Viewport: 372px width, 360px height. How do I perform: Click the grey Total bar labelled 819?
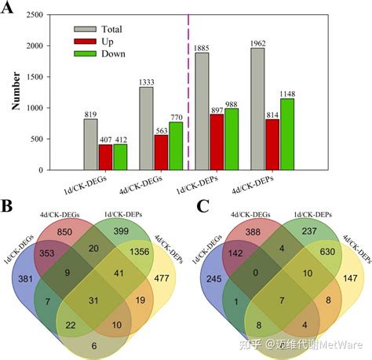[x=91, y=144]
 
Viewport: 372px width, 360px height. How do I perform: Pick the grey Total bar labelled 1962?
[x=257, y=109]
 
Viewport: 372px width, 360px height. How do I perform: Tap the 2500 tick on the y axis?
[x=41, y=13]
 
